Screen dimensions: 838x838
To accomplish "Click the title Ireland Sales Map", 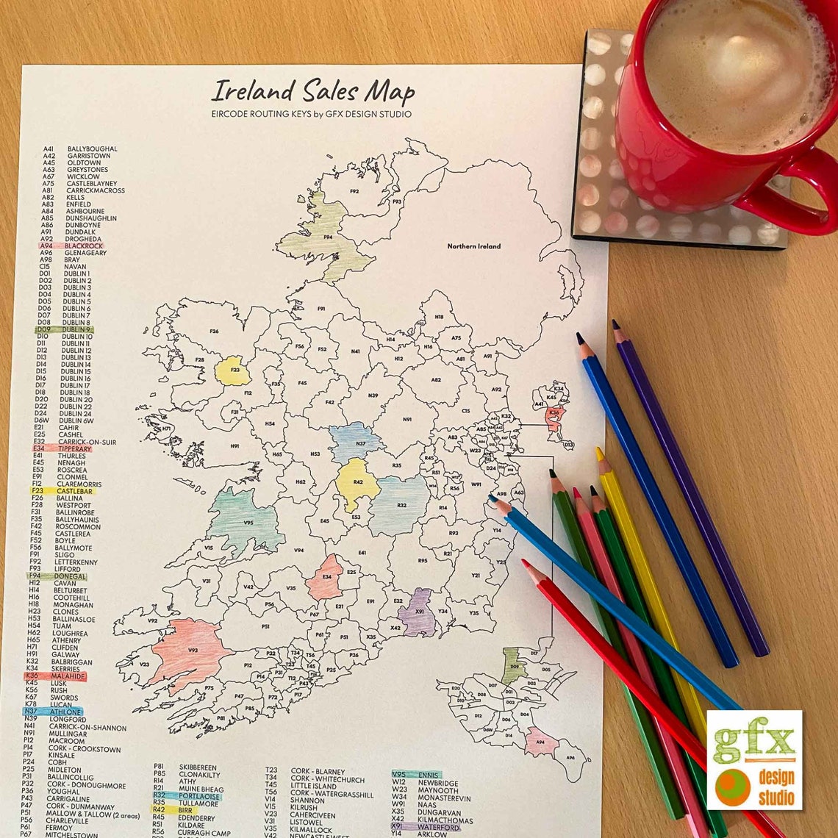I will (312, 92).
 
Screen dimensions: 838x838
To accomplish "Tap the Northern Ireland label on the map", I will (473, 246).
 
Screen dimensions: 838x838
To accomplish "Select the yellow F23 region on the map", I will (232, 371).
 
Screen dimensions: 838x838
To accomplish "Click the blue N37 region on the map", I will (357, 442).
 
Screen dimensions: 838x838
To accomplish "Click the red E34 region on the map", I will (326, 578).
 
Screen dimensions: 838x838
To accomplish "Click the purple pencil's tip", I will (615, 324).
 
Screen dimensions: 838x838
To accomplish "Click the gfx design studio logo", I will (754, 759).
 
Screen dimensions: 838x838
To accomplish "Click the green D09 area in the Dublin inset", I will (514, 665).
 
